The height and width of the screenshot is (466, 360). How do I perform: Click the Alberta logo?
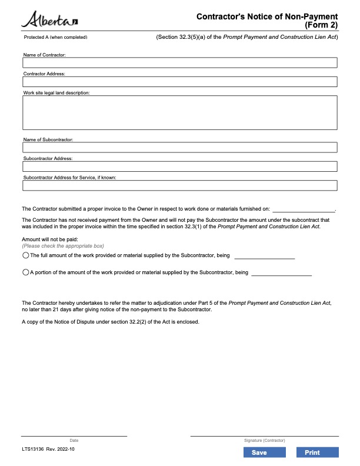(50, 21)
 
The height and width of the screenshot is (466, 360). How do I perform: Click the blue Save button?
(259, 452)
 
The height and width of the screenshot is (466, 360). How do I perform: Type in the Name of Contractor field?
(179, 63)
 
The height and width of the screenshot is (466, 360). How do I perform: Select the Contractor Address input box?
(179, 82)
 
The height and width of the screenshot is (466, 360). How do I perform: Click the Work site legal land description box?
(179, 112)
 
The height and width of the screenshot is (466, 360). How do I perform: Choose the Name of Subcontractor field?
(179, 148)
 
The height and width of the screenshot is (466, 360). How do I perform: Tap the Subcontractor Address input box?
(179, 167)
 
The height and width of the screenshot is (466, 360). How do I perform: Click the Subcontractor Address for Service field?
(179, 185)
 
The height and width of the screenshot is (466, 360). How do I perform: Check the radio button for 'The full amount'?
(25, 256)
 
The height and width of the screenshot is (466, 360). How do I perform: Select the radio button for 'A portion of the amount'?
(25, 272)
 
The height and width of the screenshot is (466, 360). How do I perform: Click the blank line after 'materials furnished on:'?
(303, 209)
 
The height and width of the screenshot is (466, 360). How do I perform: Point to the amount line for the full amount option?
(264, 257)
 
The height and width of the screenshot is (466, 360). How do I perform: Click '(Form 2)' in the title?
(321, 25)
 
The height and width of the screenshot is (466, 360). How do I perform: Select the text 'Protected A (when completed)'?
(55, 37)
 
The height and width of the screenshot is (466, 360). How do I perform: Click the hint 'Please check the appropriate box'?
(63, 246)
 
